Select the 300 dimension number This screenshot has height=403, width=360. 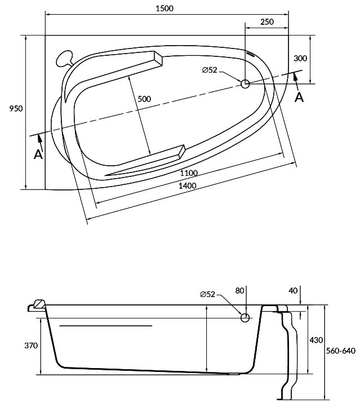[300, 59]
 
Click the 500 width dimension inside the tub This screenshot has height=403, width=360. [144, 99]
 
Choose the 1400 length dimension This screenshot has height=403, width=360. [188, 186]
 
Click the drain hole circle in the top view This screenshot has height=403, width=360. [245, 84]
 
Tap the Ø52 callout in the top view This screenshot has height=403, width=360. [210, 70]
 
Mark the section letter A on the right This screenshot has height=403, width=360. [300, 97]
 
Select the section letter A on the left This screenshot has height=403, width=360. [38, 154]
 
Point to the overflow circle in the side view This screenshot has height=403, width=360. [245, 318]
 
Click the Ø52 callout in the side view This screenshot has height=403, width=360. [207, 294]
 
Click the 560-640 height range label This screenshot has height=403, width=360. [342, 351]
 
